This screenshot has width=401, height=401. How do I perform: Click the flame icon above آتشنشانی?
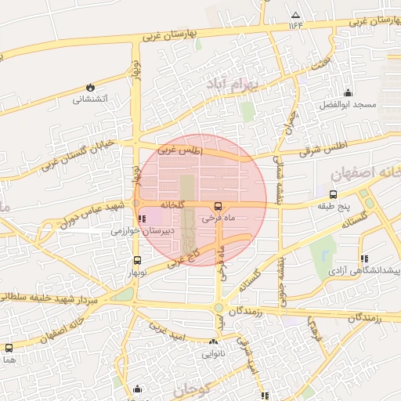click(91, 87)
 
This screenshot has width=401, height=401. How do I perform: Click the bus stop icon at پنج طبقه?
click(334, 194)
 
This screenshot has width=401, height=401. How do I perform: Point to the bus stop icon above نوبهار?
click(138, 261)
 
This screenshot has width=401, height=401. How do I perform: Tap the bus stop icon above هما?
click(9, 348)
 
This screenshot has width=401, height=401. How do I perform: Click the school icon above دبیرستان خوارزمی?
click(142, 219)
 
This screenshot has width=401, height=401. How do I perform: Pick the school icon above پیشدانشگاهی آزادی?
click(364, 258)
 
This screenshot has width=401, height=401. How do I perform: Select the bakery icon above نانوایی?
click(214, 342)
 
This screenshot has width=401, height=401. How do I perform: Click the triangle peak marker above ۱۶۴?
click(295, 15)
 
